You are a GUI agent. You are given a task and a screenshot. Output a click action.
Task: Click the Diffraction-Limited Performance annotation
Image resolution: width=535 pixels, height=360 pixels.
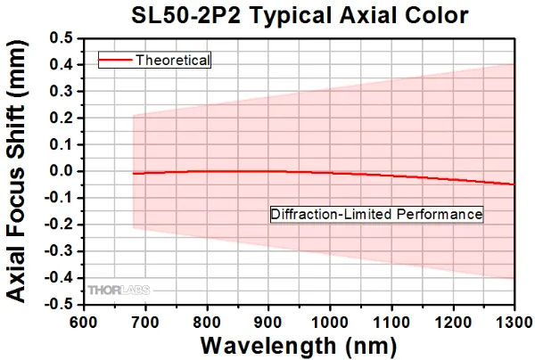coord(375,215)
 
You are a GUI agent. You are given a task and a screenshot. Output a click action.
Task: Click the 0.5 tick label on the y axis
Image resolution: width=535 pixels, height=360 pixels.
coord(62,38)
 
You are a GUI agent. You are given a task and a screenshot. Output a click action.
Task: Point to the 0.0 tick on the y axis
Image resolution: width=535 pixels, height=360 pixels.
coord(62,171)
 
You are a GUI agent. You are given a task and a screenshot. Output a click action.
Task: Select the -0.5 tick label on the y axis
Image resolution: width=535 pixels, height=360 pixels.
coord(59,304)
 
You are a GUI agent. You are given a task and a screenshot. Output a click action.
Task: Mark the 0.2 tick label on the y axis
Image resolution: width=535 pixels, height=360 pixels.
coord(62,118)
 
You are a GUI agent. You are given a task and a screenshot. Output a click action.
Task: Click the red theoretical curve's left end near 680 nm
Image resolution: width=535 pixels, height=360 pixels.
coord(133,174)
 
